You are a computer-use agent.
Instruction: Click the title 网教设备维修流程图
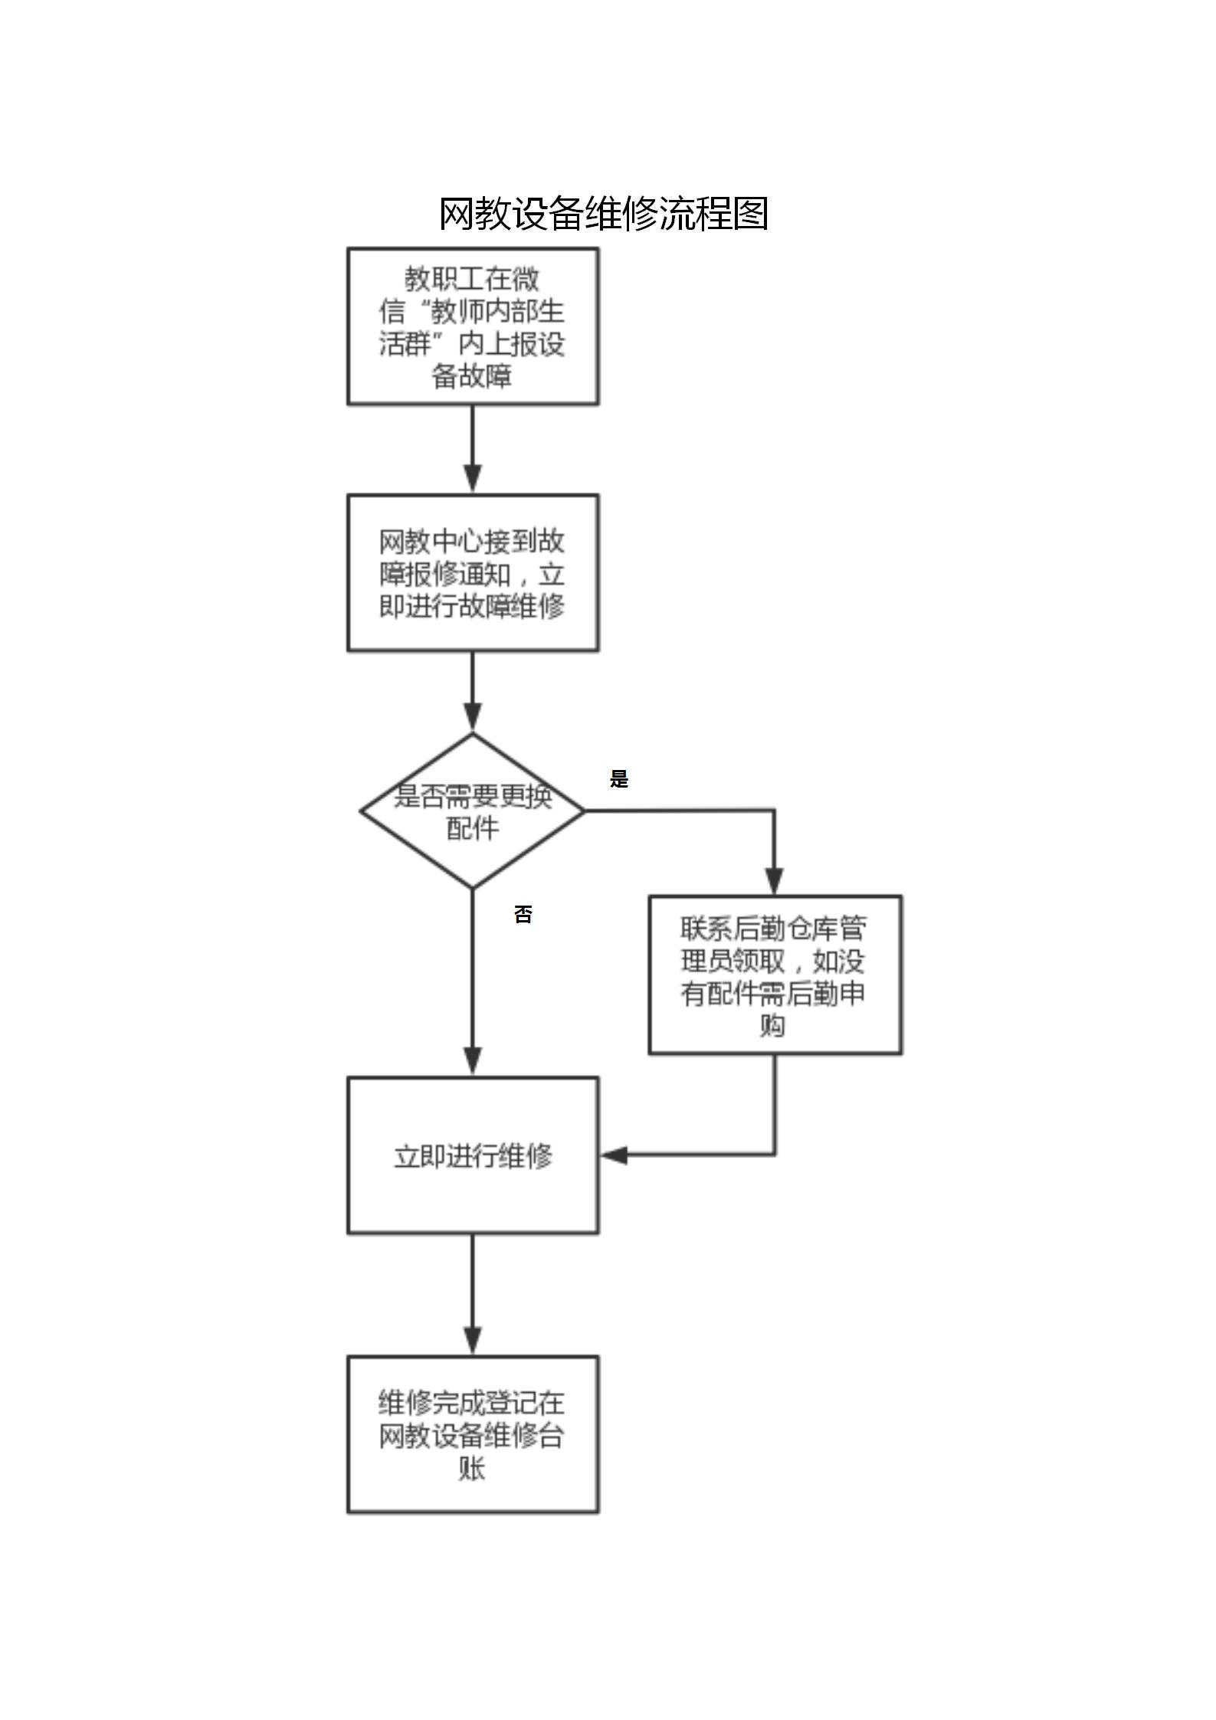(x=603, y=214)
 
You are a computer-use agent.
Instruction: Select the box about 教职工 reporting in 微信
(x=473, y=326)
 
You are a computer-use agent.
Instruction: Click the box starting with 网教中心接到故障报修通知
(x=473, y=573)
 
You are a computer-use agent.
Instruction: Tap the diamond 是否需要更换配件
(x=473, y=811)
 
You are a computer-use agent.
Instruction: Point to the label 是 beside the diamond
(x=618, y=779)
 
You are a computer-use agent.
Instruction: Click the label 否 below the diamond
(x=523, y=914)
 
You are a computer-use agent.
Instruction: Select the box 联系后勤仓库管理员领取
(x=775, y=975)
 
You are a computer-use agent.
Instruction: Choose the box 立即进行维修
(x=473, y=1155)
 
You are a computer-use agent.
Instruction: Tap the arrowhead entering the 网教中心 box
(x=473, y=479)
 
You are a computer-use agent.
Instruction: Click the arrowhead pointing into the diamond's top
(x=473, y=719)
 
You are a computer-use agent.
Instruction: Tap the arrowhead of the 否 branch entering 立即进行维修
(x=473, y=1062)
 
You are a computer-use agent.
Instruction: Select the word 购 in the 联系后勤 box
(x=772, y=1025)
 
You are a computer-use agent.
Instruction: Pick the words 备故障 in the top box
(x=472, y=376)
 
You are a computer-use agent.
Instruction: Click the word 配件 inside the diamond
(x=472, y=828)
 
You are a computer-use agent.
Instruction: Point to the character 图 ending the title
(x=750, y=214)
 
